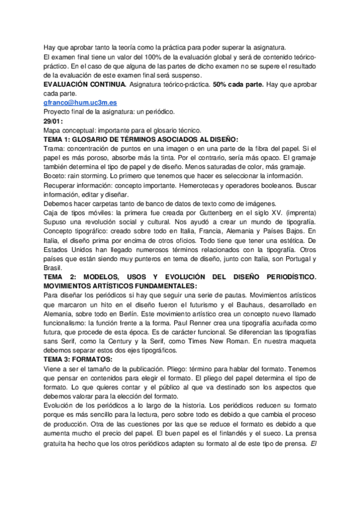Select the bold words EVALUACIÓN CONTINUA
pos(84,85)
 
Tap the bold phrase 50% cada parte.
pos(238,85)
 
